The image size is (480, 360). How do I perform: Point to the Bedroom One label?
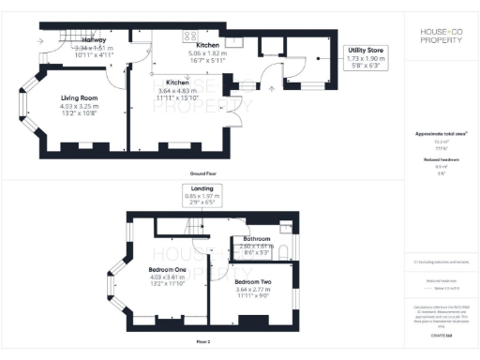[x=168, y=269]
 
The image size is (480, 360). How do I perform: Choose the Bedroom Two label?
[x=253, y=282]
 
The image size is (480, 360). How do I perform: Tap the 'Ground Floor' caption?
[x=204, y=174]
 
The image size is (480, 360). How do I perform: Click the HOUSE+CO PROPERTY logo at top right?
[x=440, y=37]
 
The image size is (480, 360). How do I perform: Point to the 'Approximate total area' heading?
[x=440, y=134]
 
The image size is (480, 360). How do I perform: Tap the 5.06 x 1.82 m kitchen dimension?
[x=206, y=54]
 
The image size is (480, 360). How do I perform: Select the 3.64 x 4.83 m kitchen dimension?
[x=178, y=92]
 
